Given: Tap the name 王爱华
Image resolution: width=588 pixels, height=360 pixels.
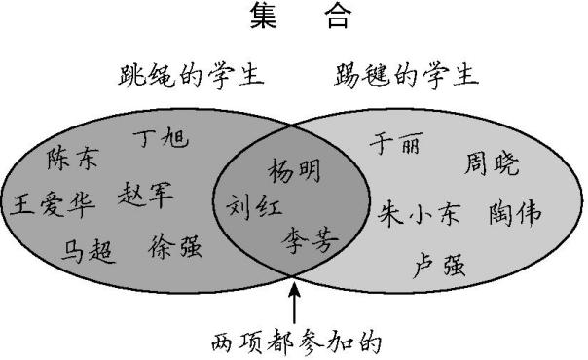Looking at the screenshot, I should click(55, 204).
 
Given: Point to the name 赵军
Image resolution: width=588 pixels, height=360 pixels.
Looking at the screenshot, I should click(147, 195).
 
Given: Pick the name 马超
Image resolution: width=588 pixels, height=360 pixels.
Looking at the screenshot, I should click(89, 250).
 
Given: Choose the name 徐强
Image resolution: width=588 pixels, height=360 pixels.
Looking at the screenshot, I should click(176, 247).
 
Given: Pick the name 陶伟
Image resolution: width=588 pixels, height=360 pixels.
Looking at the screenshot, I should click(515, 213).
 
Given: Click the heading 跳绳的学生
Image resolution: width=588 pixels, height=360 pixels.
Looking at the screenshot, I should click(192, 74).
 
